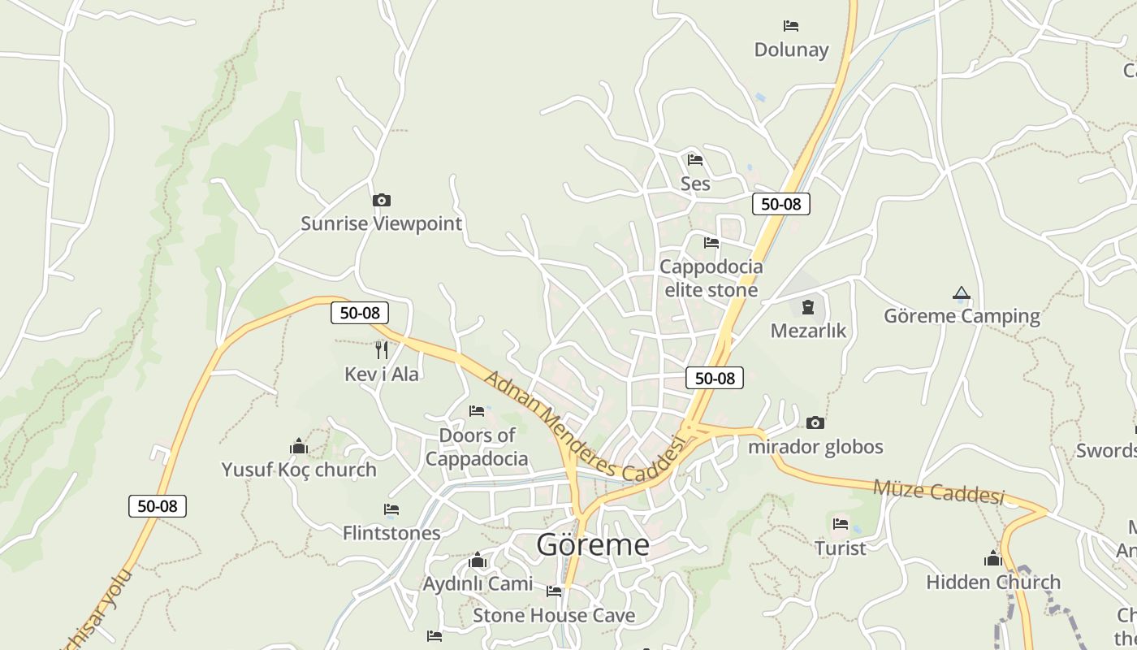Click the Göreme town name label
pyautogui.click(x=593, y=544)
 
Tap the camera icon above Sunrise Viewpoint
pyautogui.click(x=381, y=200)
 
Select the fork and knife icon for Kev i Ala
pyautogui.click(x=382, y=350)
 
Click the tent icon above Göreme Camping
pyautogui.click(x=962, y=292)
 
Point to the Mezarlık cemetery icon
pyautogui.click(x=808, y=307)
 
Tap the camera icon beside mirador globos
pyautogui.click(x=815, y=423)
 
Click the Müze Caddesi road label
pyautogui.click(x=939, y=492)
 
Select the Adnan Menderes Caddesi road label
pyautogui.click(x=585, y=427)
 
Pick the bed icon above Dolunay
pyautogui.click(x=791, y=26)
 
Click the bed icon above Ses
pyautogui.click(x=695, y=160)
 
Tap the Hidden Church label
pyautogui.click(x=993, y=583)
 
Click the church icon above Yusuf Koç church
pyautogui.click(x=299, y=447)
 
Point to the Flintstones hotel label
pyautogui.click(x=391, y=533)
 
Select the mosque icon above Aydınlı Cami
pyautogui.click(x=478, y=561)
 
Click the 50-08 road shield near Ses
pyautogui.click(x=781, y=204)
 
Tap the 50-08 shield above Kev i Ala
pyautogui.click(x=360, y=313)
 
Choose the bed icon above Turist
pyautogui.click(x=841, y=524)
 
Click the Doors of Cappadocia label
pyautogui.click(x=477, y=447)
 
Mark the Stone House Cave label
pyautogui.click(x=554, y=615)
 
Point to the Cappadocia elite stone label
pyautogui.click(x=711, y=278)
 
